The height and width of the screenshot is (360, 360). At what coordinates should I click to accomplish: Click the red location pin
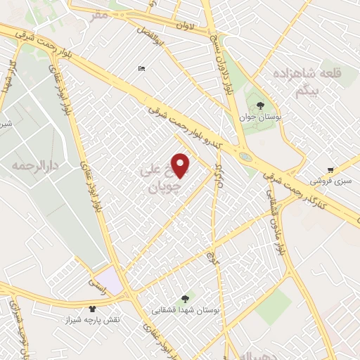(181, 165)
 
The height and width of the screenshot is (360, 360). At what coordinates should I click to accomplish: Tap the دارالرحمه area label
(33, 167)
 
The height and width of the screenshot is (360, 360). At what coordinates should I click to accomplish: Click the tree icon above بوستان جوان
(260, 106)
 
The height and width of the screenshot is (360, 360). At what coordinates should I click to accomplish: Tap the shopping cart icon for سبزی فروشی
(330, 170)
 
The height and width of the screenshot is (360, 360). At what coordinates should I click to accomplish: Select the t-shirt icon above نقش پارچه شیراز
(92, 308)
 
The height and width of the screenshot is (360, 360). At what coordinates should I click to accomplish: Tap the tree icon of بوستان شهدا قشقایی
(186, 298)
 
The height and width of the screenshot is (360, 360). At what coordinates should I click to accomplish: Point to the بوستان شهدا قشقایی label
(186, 309)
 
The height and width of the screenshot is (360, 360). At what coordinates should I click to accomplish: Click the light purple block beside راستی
(110, 277)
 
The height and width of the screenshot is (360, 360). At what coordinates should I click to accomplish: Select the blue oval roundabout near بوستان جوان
(245, 156)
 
